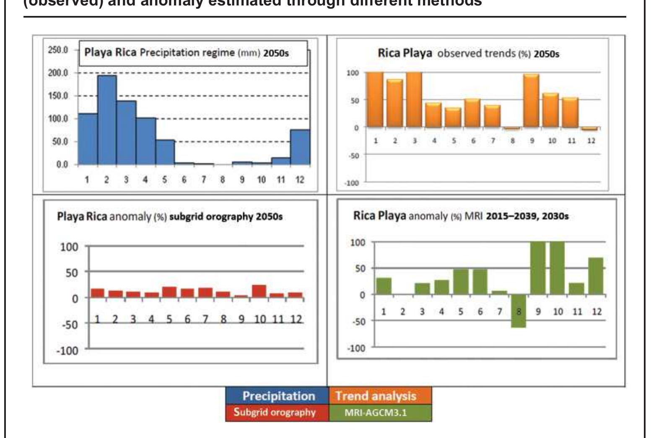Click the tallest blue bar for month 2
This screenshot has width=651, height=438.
(x=107, y=120)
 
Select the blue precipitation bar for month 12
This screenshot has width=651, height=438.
(x=300, y=147)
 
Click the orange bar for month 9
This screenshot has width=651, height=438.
(x=531, y=101)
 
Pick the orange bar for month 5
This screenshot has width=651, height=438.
(x=453, y=117)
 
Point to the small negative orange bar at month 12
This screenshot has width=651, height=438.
(x=590, y=129)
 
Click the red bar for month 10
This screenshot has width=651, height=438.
(x=259, y=291)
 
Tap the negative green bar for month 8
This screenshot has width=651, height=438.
(x=518, y=311)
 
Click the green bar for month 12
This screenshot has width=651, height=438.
(x=595, y=276)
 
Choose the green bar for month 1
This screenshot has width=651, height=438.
(x=384, y=286)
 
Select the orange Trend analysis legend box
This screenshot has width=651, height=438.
(x=380, y=396)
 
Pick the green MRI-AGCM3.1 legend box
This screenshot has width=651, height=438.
(x=380, y=413)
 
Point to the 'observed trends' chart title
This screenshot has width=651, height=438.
(x=468, y=54)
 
